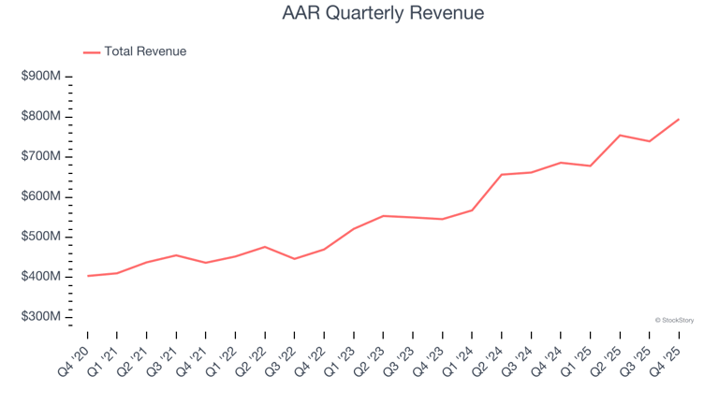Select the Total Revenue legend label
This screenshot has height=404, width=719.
tap(145, 51)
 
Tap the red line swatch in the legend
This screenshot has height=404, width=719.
tap(92, 52)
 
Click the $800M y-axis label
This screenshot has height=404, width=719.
tap(40, 116)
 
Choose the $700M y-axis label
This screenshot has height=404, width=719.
tap(40, 156)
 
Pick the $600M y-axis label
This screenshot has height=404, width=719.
tap(40, 196)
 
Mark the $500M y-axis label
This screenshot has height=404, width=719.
tap(40, 237)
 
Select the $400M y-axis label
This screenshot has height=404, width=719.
tap(40, 277)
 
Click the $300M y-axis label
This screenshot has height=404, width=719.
tap(40, 317)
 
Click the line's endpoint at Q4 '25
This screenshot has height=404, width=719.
tap(679, 119)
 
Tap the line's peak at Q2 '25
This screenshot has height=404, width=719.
tap(620, 136)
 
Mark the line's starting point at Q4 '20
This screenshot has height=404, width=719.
tap(87, 276)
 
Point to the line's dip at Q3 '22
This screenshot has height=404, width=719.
tap(294, 259)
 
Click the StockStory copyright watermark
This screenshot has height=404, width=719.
tap(674, 320)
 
